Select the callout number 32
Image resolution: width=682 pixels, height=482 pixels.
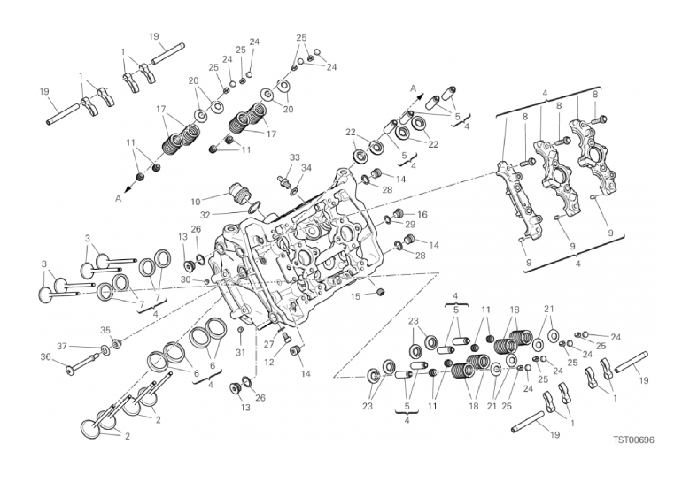205,214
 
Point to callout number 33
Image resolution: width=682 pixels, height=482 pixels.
294,157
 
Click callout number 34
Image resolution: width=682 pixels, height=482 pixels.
306,167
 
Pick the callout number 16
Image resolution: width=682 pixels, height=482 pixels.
422,214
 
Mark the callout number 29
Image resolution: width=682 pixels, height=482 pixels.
410,225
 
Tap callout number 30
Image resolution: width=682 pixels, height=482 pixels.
185,279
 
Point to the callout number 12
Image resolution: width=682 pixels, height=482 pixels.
268,362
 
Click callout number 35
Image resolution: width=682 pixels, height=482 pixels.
105,330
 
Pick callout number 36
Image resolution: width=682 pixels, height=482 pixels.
46,356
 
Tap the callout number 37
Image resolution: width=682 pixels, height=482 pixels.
62,346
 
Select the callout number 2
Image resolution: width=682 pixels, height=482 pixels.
127,436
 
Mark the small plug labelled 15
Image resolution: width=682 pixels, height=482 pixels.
379,293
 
